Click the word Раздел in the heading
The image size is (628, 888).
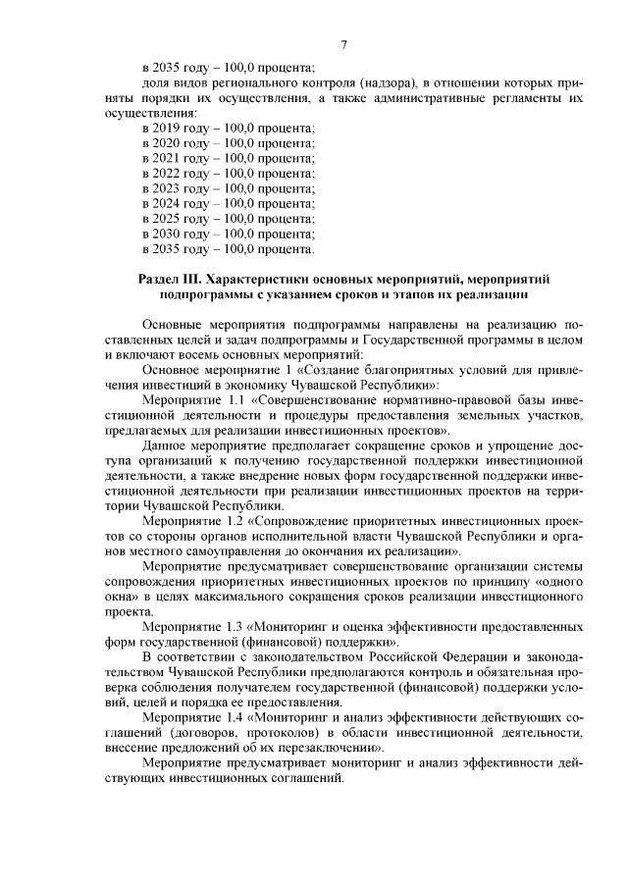[x=159, y=280]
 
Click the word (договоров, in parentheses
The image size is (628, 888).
[x=202, y=731]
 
